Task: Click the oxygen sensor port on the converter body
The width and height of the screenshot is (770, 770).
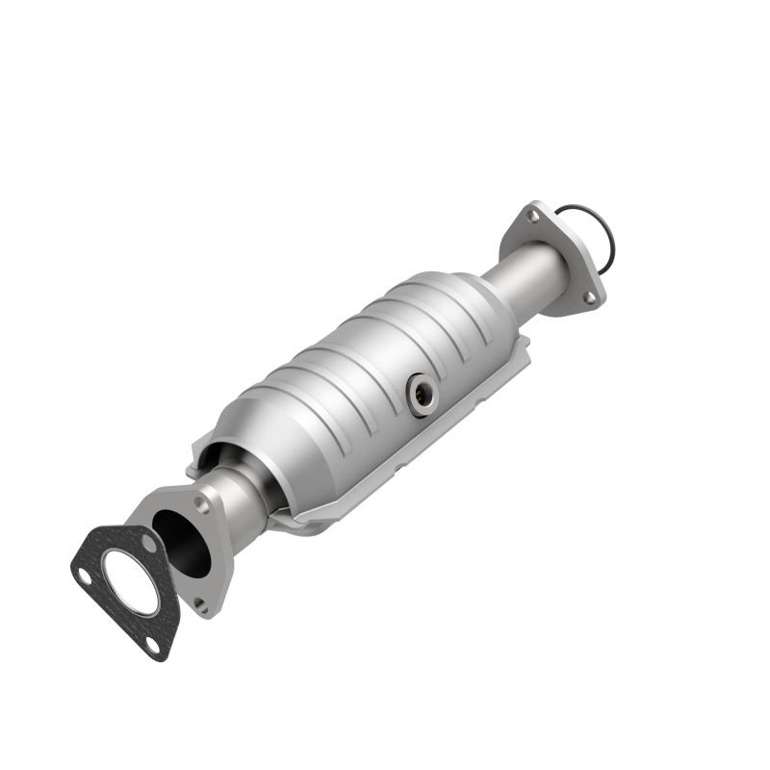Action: [x=421, y=394]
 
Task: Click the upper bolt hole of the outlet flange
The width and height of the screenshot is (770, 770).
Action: [x=533, y=218]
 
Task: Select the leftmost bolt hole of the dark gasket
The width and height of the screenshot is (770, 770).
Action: [x=85, y=577]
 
